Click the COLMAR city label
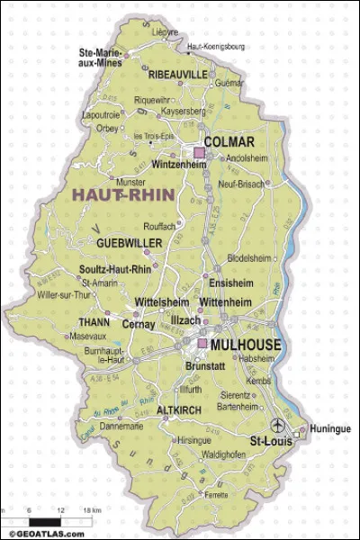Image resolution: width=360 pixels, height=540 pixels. coord(229,142)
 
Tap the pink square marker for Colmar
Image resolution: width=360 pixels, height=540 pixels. coord(200,154)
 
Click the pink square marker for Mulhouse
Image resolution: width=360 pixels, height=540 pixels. coord(202,344)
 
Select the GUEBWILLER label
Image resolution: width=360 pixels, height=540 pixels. coord(129,244)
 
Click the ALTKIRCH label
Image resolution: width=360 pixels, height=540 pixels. coord(176,409)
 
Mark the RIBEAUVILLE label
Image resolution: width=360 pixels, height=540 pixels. coord(177,73)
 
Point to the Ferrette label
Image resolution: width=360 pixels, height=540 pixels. coord(214,494)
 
